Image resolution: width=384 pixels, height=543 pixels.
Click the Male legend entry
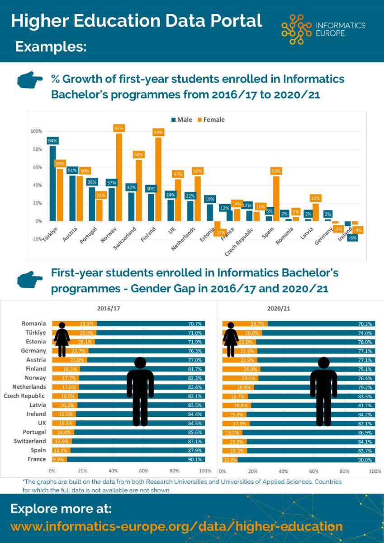[x=181, y=120]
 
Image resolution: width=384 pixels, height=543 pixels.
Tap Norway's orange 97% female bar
[x=119, y=176]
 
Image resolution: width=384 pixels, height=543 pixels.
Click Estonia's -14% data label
[x=220, y=233]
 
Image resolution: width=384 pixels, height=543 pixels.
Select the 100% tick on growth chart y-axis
[x=36, y=131]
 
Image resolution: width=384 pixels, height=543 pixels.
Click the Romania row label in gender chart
[x=34, y=324]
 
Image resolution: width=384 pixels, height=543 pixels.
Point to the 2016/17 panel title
[x=109, y=309]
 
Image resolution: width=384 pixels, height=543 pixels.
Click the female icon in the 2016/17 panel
[x=62, y=339]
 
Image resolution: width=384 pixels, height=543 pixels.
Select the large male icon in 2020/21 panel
[x=323, y=391]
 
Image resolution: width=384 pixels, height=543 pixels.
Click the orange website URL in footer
[x=176, y=526]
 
